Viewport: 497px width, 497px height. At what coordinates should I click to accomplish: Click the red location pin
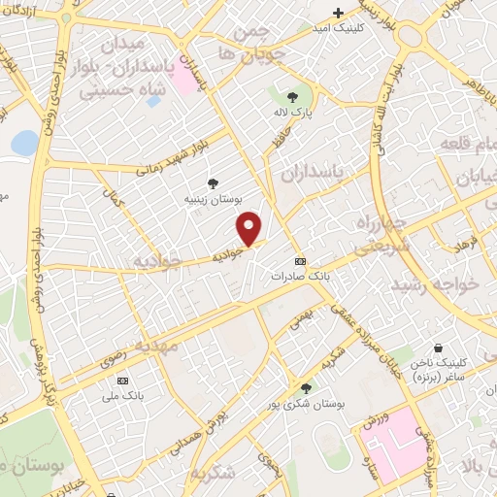point(250,228)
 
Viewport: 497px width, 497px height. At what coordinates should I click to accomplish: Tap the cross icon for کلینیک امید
point(338,13)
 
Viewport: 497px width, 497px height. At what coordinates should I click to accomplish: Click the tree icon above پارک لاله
point(293,96)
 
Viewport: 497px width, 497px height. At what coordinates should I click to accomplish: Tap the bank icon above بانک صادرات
point(299,261)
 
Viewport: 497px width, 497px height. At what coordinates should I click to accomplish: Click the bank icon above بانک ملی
point(122,381)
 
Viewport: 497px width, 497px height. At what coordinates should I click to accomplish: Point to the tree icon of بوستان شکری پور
point(307,387)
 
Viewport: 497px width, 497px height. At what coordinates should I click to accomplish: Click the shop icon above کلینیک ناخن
point(438,348)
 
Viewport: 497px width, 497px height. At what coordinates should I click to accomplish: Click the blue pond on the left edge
point(23,143)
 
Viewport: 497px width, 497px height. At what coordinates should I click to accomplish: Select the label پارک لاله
point(294,113)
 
